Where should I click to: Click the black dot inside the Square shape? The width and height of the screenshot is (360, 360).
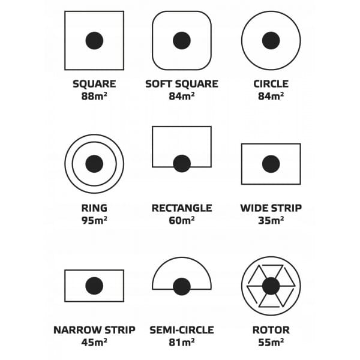pyautogui.click(x=94, y=41)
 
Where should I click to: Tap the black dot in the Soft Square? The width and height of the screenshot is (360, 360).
pyautogui.click(x=182, y=41)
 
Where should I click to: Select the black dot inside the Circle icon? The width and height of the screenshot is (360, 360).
pyautogui.click(x=271, y=41)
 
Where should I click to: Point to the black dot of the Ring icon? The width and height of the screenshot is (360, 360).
pyautogui.click(x=94, y=164)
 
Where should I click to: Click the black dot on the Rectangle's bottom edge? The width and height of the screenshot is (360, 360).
pyautogui.click(x=182, y=164)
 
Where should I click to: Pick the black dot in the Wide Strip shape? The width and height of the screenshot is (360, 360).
pyautogui.click(x=271, y=164)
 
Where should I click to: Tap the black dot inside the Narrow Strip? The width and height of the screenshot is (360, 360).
pyautogui.click(x=94, y=286)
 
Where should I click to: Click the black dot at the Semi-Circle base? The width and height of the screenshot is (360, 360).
pyautogui.click(x=182, y=287)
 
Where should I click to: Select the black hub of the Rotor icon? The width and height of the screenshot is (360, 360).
pyautogui.click(x=271, y=286)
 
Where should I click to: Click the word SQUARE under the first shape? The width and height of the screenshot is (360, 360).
pyautogui.click(x=94, y=84)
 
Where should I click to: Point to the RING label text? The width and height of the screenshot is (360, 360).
pyautogui.click(x=94, y=208)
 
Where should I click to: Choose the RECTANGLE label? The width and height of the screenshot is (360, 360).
pyautogui.click(x=182, y=208)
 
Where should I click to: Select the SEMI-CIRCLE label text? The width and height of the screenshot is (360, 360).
pyautogui.click(x=182, y=330)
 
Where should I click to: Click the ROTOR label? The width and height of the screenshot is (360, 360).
pyautogui.click(x=271, y=330)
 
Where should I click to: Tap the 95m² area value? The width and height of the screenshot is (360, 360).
pyautogui.click(x=94, y=220)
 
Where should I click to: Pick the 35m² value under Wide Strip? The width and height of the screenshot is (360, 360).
pyautogui.click(x=271, y=220)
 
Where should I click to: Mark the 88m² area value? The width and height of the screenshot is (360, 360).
pyautogui.click(x=94, y=96)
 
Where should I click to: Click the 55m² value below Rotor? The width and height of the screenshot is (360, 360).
pyautogui.click(x=271, y=343)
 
